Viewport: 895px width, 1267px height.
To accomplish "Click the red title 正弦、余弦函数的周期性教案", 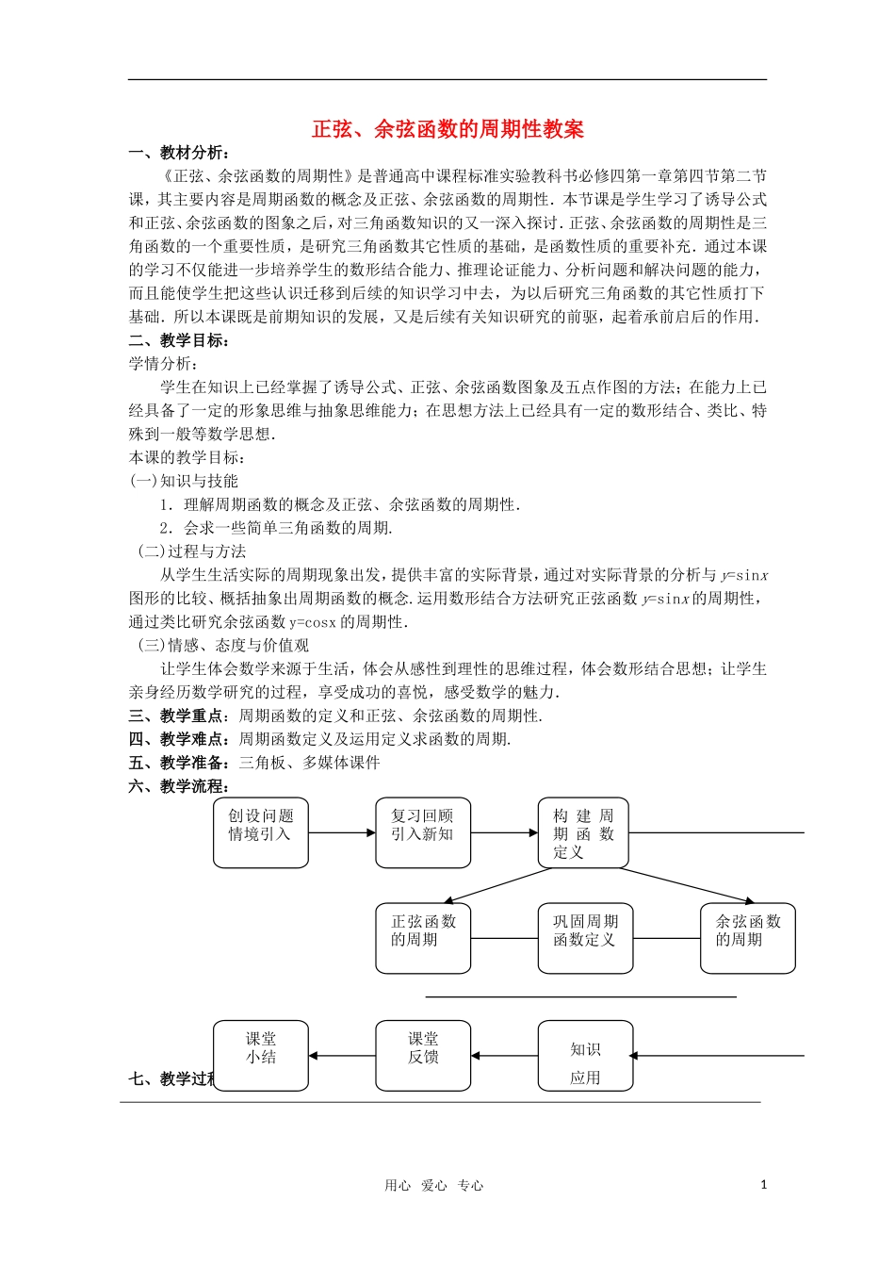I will tap(447, 130).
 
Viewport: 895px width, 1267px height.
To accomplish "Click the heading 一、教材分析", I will tap(179, 153).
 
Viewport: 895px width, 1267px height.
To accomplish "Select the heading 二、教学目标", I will tap(179, 340).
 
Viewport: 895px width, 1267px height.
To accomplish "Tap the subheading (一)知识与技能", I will tap(184, 481).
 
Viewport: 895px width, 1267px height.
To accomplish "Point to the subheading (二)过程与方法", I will tap(192, 551).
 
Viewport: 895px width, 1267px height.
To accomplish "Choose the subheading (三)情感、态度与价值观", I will tap(223, 646).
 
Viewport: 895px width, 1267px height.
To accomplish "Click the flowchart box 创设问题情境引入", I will tap(261, 832).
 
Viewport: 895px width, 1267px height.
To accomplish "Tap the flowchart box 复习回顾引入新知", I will tap(423, 832).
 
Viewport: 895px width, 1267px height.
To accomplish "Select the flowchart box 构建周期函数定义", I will tap(583, 832).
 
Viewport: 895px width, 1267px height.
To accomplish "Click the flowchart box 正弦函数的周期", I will tap(423, 938).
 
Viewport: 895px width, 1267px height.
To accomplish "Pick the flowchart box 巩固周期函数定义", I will tap(585, 938).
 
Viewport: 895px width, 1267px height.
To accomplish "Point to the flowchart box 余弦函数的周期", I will tap(748, 938).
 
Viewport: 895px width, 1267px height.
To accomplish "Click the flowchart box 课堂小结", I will tap(261, 1055).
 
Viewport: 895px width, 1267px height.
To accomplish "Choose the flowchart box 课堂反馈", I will tap(423, 1055).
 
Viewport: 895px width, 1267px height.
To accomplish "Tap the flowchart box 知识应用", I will tap(585, 1056).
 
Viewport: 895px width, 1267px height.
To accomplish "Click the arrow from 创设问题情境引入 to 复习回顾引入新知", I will tap(342, 832).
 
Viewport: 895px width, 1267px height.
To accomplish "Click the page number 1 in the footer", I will tap(764, 1185).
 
